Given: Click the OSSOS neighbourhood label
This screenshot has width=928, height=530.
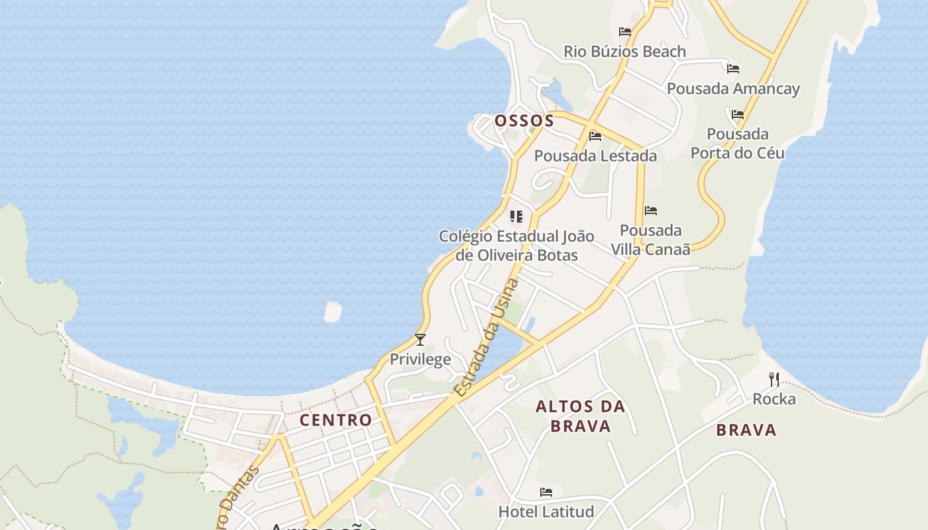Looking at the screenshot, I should tap(524, 121).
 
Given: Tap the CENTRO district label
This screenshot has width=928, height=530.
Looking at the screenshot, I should tap(335, 420).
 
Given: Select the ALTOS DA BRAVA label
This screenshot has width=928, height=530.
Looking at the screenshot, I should tap(581, 416).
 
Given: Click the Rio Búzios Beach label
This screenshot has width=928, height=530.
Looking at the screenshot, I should tap(624, 52).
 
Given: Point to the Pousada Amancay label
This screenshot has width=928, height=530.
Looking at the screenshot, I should tap(733, 89).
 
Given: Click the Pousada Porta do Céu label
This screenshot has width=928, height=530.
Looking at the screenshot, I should tap(737, 144).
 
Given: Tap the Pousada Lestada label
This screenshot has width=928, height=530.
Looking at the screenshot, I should tap(595, 156).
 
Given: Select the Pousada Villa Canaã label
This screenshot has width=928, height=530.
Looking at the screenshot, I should tap(650, 240).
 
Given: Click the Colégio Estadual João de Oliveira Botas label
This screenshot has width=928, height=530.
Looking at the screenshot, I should tap(516, 246).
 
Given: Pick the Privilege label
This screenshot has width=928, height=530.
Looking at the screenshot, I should tap(420, 360).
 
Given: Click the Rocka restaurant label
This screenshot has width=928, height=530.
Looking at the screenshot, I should tap(774, 399).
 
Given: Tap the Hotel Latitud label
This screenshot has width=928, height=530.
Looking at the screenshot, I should tap(546, 511).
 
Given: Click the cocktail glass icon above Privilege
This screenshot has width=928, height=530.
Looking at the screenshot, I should tap(420, 340).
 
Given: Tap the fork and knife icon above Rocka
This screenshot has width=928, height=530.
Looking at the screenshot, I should tap(774, 379).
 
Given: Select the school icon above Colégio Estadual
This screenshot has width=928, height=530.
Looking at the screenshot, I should tap(516, 216).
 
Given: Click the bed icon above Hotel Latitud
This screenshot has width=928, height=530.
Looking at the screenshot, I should tap(546, 492).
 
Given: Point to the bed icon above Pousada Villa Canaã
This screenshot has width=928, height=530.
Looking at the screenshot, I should tap(651, 211).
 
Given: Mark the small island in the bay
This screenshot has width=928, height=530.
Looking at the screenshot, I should tap(333, 311).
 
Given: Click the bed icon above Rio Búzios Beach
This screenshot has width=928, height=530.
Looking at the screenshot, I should tap(624, 31).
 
